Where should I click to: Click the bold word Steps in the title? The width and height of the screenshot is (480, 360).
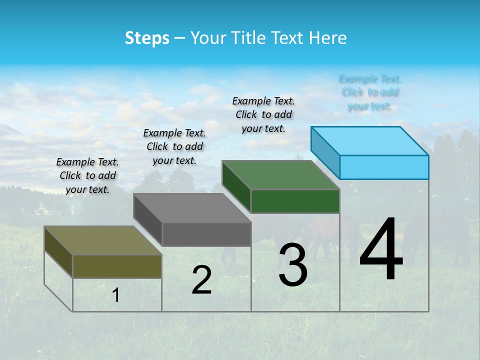pyautogui.click(x=147, y=38)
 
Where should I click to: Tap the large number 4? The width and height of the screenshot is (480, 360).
pyautogui.click(x=381, y=250)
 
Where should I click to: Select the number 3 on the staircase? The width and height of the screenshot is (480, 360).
pyautogui.click(x=292, y=265)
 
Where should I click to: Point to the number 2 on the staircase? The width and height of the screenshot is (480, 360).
pyautogui.click(x=201, y=280)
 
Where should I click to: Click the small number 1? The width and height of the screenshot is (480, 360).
pyautogui.click(x=116, y=295)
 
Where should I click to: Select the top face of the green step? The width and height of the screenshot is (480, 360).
pyautogui.click(x=281, y=175)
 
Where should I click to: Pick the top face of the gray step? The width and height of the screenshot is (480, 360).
pyautogui.click(x=192, y=208)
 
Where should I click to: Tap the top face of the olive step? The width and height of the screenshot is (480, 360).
pyautogui.click(x=103, y=240)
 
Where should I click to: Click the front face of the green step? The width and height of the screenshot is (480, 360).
pyautogui.click(x=295, y=201)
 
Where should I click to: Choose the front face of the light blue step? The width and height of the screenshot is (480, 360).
pyautogui.click(x=384, y=167)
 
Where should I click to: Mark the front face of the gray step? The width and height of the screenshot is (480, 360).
pyautogui.click(x=206, y=234)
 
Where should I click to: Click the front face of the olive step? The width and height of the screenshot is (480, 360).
pyautogui.click(x=117, y=266)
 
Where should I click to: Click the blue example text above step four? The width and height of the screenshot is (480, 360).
pyautogui.click(x=370, y=92)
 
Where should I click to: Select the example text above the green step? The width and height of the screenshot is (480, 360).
pyautogui.click(x=263, y=114)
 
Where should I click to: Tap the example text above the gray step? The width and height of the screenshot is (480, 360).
pyautogui.click(x=174, y=146)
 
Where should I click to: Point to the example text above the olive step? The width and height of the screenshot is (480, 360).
pyautogui.click(x=87, y=175)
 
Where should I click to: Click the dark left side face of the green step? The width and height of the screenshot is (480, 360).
pyautogui.click(x=236, y=186)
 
